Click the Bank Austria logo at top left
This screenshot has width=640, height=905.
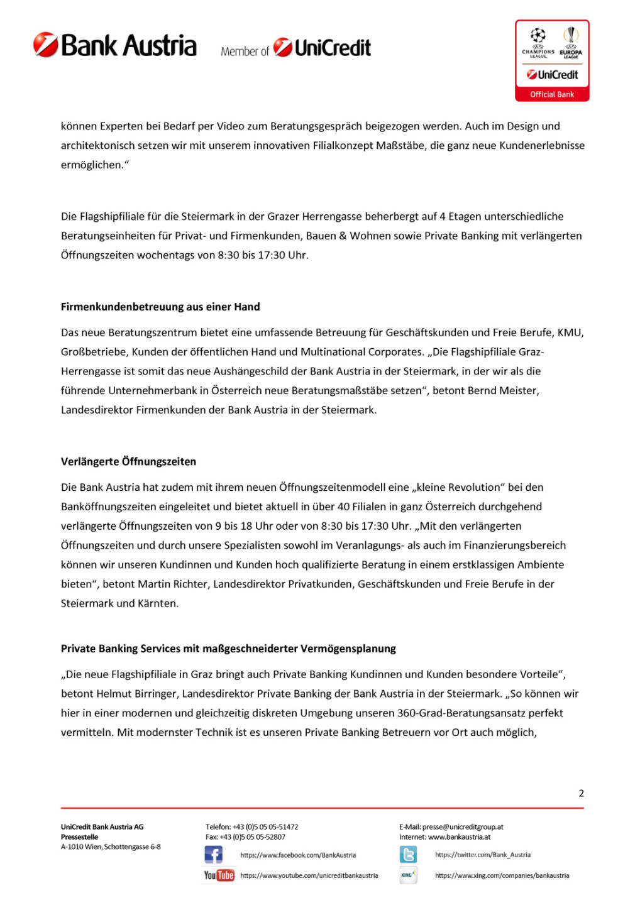115,46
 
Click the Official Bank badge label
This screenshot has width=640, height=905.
551,94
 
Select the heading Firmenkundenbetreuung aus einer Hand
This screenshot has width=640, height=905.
160,307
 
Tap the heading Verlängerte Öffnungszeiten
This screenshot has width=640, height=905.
128,461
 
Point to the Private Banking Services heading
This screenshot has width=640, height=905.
228,649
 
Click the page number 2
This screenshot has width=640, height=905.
581,793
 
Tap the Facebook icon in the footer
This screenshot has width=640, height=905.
213,855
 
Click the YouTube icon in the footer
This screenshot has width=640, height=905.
219,875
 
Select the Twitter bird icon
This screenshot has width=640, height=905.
408,855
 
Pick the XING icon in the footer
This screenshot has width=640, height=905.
408,875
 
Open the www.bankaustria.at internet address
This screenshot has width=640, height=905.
459,837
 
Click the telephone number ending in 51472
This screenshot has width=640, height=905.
265,827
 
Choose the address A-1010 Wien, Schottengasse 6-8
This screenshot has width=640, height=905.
111,847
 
